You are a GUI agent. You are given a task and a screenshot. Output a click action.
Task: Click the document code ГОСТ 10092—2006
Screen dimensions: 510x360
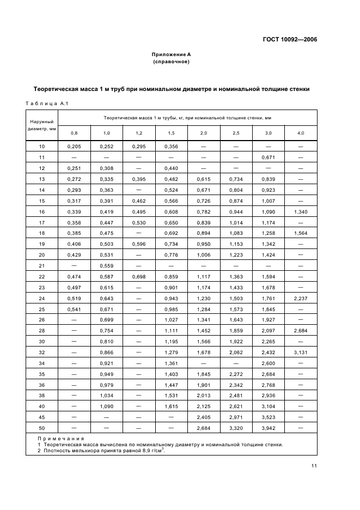click(x=289, y=39)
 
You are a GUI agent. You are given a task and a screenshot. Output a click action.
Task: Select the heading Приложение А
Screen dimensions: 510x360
click(x=171, y=54)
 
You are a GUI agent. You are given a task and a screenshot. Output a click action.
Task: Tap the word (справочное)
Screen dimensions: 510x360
click(x=171, y=62)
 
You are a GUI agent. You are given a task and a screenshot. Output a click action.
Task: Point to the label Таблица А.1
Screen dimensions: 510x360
click(x=46, y=104)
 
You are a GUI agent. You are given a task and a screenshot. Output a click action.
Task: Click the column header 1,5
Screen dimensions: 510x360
click(x=171, y=133)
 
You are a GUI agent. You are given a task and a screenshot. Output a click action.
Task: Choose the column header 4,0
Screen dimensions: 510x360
click(x=301, y=133)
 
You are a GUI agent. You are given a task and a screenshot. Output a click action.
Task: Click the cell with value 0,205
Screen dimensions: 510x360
click(x=74, y=147)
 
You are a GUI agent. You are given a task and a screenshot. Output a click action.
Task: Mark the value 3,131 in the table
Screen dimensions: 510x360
click(x=301, y=352)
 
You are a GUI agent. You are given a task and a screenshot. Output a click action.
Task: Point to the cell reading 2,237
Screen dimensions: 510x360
click(x=301, y=298)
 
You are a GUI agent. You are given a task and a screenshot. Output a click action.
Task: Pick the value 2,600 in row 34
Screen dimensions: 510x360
click(x=268, y=363)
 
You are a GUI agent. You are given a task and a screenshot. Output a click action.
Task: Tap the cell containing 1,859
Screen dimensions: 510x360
click(x=236, y=331)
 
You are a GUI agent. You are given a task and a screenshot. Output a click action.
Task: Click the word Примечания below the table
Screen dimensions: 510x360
click(x=61, y=438)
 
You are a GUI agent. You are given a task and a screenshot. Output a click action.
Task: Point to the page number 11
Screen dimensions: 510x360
click(x=314, y=466)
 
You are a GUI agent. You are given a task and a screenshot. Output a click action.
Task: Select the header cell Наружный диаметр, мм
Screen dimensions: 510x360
click(x=42, y=125)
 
